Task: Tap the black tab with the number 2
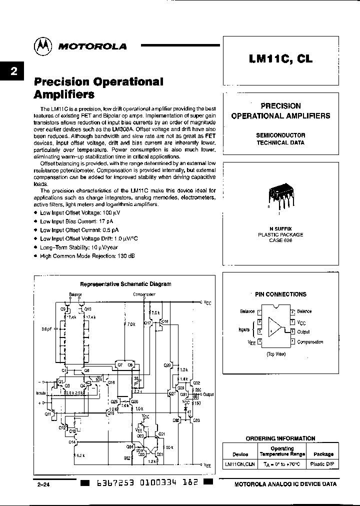click(x=13, y=71)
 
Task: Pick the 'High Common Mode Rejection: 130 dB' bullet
click(x=86, y=255)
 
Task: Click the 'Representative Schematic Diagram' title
click(x=125, y=283)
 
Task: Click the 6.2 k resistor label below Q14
click(x=80, y=455)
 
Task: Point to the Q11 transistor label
click(x=48, y=414)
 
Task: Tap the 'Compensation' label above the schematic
click(x=144, y=294)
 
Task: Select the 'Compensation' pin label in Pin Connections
click(x=310, y=342)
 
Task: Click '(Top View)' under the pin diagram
click(x=275, y=353)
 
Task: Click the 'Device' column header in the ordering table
click(x=240, y=454)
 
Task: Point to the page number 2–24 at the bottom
click(x=44, y=484)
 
